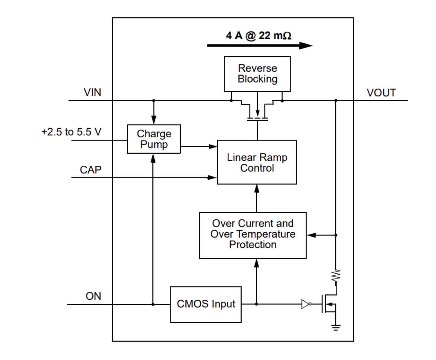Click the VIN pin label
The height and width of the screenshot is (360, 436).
[x=92, y=94]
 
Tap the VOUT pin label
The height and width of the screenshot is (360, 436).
[x=381, y=94]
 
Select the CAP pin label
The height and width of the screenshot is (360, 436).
[x=91, y=171]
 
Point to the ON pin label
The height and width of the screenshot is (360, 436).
[x=93, y=298]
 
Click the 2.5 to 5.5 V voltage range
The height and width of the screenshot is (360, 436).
[x=72, y=134]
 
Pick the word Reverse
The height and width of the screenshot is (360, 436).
[x=258, y=69]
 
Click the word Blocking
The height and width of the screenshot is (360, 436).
[x=258, y=79]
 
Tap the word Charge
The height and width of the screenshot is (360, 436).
[x=154, y=134]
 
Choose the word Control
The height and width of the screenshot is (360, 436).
[x=257, y=169]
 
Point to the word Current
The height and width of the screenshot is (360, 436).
[x=256, y=223]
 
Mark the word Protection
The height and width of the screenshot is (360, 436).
[x=253, y=245]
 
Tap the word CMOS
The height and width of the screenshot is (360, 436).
[x=193, y=304]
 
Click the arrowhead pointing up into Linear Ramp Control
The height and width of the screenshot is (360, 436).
[x=257, y=188]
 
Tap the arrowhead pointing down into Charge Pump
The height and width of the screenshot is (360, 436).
[x=154, y=120]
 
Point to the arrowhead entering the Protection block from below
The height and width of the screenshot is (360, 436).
[x=257, y=263]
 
